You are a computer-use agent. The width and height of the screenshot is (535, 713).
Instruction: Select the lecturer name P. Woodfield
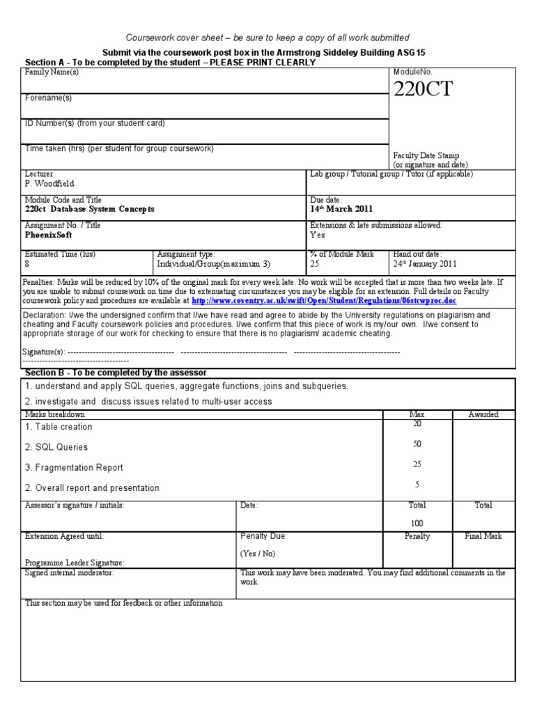pyautogui.click(x=49, y=184)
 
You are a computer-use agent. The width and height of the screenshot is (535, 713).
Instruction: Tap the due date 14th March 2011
pyautogui.click(x=341, y=209)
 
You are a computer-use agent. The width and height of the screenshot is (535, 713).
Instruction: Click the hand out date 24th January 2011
pyautogui.click(x=425, y=264)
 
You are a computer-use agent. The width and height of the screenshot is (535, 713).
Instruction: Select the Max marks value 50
pyautogui.click(x=417, y=444)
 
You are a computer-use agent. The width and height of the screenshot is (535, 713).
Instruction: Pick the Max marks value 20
pyautogui.click(x=417, y=423)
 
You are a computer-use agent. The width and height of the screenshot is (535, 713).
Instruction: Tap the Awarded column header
pyautogui.click(x=483, y=414)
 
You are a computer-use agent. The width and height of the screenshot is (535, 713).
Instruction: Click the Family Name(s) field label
pyautogui.click(x=52, y=72)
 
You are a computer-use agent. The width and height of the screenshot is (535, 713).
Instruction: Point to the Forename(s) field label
pyautogui.click(x=48, y=98)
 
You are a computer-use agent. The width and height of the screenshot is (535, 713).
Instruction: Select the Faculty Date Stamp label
pyautogui.click(x=426, y=155)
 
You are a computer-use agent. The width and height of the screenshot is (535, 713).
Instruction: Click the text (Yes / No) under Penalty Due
pyautogui.click(x=258, y=554)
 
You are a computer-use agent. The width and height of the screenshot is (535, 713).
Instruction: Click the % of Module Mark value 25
pyautogui.click(x=315, y=264)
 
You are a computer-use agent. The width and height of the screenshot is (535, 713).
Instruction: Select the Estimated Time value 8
pyautogui.click(x=27, y=264)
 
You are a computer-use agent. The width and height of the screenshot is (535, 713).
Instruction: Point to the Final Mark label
pyautogui.click(x=483, y=536)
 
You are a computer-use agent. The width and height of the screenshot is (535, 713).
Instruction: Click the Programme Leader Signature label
pyautogui.click(x=75, y=562)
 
